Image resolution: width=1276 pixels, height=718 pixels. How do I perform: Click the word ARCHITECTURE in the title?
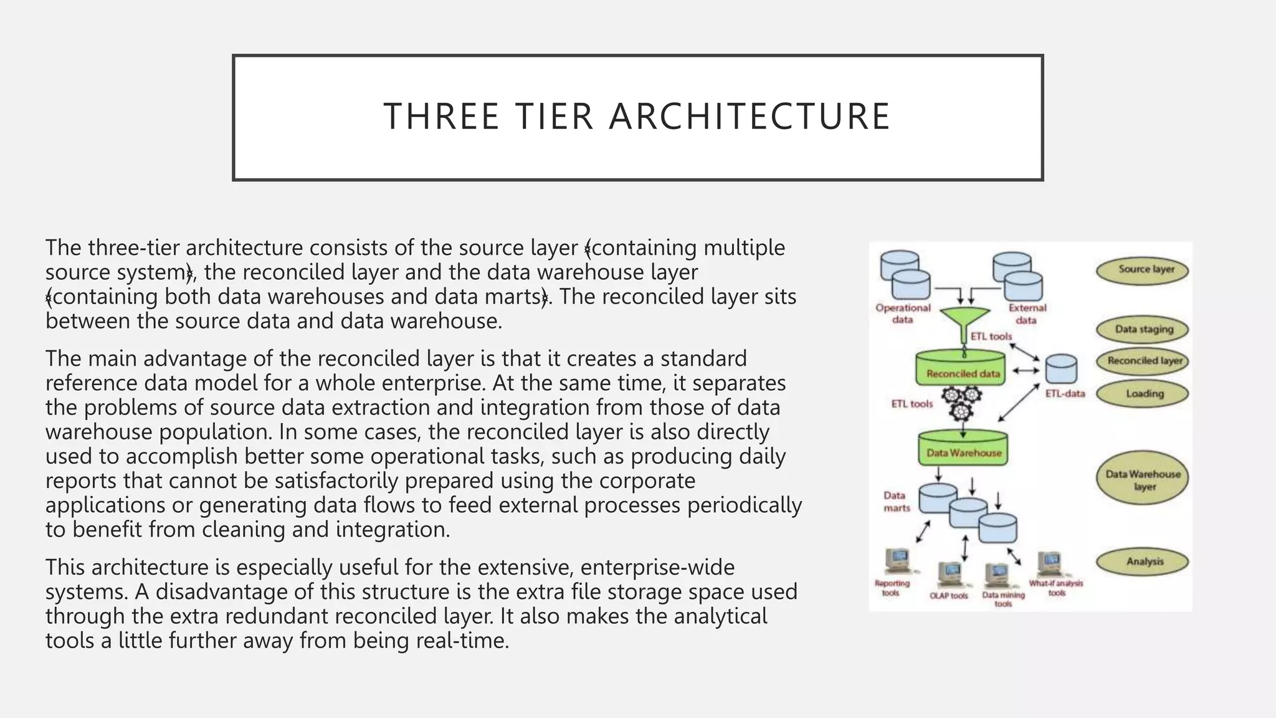click(750, 117)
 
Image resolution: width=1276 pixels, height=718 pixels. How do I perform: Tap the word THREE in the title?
click(441, 117)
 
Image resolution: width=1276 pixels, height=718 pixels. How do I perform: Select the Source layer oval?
click(1143, 270)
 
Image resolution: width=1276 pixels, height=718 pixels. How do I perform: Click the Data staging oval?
click(1143, 330)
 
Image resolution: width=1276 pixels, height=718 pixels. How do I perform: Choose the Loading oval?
click(1143, 394)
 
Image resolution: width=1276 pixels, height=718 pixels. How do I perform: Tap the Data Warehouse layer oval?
click(1143, 479)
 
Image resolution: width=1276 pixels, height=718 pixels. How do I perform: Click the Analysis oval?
click(1143, 562)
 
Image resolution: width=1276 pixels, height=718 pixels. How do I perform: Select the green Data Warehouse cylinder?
click(963, 449)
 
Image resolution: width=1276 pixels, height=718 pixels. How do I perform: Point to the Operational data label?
click(902, 314)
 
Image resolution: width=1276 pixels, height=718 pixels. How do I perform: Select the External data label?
click(1027, 314)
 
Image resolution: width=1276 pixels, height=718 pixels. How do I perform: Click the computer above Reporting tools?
click(897, 561)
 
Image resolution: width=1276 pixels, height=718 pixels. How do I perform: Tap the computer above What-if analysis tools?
click(1050, 564)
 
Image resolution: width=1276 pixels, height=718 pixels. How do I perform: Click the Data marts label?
click(896, 502)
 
